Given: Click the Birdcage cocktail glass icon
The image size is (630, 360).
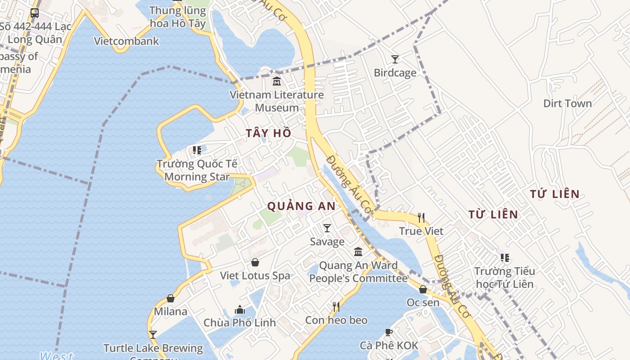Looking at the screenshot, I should click(395, 59).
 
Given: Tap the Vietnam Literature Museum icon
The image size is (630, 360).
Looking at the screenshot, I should click(276, 82).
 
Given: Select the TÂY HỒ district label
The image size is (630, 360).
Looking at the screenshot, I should click(269, 133).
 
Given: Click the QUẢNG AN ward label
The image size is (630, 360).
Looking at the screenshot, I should click(301, 206).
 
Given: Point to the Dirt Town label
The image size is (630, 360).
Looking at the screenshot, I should click(567, 103).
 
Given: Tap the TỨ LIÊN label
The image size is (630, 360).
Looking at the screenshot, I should click(554, 194).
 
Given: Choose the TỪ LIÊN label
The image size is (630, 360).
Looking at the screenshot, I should click(493, 214).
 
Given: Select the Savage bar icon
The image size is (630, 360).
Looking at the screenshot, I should click(327, 229).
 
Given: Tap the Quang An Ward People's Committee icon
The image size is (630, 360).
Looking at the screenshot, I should click(358, 252).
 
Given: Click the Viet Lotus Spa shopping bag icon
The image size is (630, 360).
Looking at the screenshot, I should click(255, 262).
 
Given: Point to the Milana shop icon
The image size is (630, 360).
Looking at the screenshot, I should click(171, 298).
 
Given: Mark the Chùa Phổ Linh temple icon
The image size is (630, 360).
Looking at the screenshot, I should click(240, 310).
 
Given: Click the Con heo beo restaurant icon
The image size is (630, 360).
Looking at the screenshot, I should click(336, 307).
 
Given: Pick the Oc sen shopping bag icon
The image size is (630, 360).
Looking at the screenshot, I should click(423, 289).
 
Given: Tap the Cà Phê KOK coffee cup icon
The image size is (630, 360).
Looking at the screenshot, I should click(389, 333).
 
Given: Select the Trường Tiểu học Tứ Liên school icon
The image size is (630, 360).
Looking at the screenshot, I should click(505, 258).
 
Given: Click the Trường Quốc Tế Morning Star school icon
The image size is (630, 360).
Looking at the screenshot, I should click(197, 150).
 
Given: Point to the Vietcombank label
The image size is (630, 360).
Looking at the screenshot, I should click(126, 41).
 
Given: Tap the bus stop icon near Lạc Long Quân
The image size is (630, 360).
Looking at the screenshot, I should click(35, 13).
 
